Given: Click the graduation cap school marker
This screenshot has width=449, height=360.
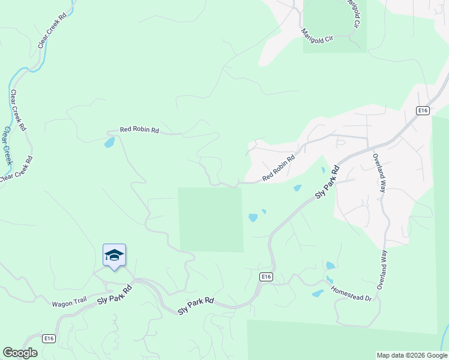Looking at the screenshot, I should pyautogui.click(x=114, y=256).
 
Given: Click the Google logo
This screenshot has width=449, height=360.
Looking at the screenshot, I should pyautogui.click(x=20, y=353).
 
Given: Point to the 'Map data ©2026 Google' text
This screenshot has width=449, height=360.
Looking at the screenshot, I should pyautogui.click(x=412, y=355).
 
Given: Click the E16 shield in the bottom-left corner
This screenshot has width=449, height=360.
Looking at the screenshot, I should pyautogui.click(x=49, y=339).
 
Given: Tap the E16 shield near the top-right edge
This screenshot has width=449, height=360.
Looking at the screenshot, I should pyautogui.click(x=423, y=110).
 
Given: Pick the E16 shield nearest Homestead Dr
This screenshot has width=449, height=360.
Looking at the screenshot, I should pyautogui.click(x=267, y=277).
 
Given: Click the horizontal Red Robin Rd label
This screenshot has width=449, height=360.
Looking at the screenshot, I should pyautogui.click(x=139, y=129).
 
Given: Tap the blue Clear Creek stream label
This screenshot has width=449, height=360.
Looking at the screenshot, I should pyautogui.click(x=8, y=146).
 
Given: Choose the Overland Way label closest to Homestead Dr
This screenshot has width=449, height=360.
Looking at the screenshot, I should pyautogui.click(x=383, y=270).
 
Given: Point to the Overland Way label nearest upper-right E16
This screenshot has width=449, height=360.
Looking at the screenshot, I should pyautogui.click(x=378, y=173).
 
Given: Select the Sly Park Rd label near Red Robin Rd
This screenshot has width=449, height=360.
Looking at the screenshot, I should pyautogui.click(x=328, y=183).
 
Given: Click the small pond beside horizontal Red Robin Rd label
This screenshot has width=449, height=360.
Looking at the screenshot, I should pyautogui.click(x=109, y=143).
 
